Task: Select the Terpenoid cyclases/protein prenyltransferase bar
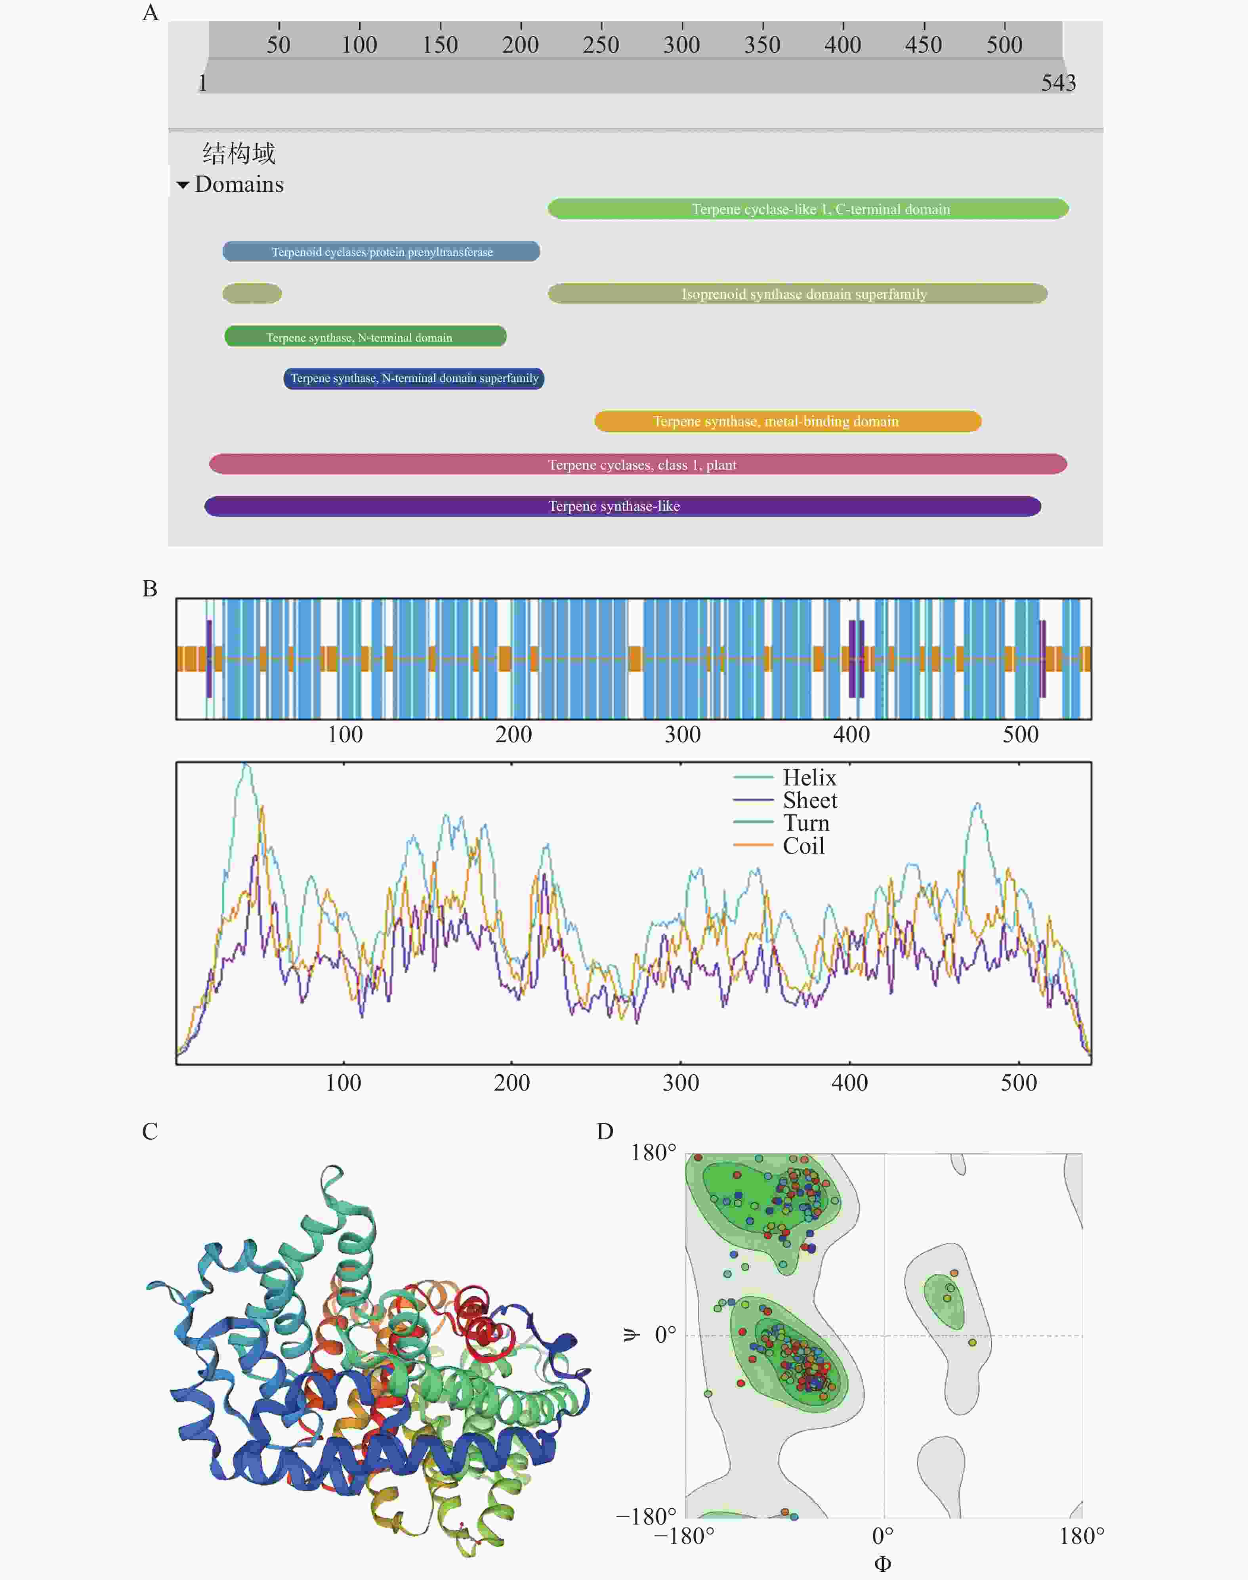coord(382,251)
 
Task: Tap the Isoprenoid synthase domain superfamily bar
coord(797,294)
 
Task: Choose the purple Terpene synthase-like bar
coord(622,506)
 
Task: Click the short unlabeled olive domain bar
coord(252,294)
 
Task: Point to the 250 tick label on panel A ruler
coord(601,44)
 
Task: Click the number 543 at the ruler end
coord(1058,82)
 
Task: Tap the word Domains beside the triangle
coord(239,184)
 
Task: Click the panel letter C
coord(150,1131)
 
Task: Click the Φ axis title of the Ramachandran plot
coord(883,1563)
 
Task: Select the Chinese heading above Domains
coord(239,153)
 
